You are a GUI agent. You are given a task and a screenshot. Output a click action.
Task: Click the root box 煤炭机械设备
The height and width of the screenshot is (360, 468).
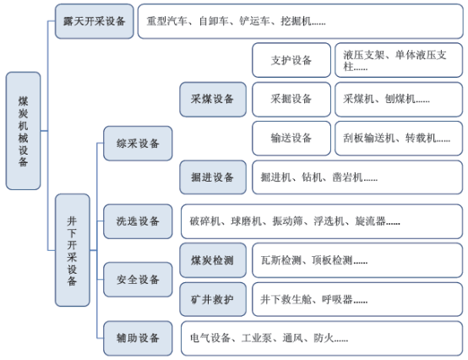point(24,131)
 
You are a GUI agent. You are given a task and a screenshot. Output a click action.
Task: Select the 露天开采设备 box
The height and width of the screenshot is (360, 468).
point(95,21)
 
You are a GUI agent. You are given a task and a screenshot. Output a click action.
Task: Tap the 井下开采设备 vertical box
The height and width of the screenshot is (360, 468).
point(73,250)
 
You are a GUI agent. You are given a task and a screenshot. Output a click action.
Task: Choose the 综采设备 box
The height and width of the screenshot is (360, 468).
point(138,144)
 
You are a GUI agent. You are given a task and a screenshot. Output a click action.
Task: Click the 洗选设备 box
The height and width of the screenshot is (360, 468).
point(138,221)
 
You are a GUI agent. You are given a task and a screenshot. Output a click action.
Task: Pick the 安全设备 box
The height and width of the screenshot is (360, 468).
point(138,280)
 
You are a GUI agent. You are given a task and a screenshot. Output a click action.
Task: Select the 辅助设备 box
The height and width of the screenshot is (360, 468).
point(138,338)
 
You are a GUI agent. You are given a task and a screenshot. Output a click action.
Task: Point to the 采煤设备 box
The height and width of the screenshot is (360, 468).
point(213,100)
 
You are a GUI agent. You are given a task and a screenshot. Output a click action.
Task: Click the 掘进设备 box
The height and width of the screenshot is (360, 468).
point(213,177)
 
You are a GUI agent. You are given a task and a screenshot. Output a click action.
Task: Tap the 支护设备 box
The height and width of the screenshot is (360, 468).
point(291,60)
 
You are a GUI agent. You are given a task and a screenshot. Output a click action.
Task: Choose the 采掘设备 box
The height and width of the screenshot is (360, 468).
point(291,99)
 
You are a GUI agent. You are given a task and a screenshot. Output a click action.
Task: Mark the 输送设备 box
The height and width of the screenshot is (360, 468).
point(291,139)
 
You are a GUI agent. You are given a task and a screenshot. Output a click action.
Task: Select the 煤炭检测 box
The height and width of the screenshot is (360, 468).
point(213,260)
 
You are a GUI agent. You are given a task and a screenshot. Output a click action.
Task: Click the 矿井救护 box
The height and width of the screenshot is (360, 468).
point(213,299)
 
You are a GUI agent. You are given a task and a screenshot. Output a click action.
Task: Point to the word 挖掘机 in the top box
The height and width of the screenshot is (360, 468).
point(296,21)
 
